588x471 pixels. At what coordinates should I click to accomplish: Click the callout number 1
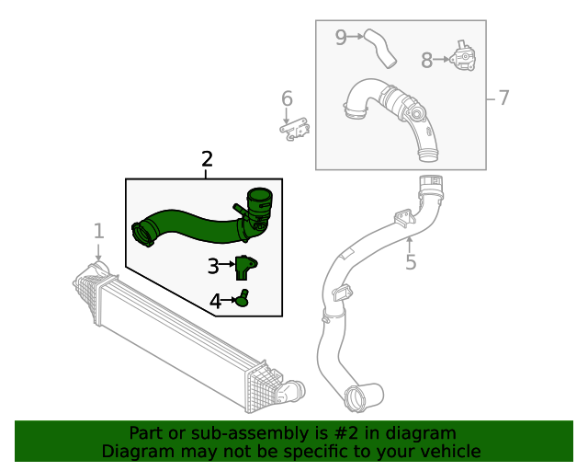click(98, 230)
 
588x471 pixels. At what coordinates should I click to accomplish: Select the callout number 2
click(206, 159)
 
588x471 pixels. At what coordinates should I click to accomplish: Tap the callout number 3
click(213, 267)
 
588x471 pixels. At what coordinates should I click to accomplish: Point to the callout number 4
click(215, 301)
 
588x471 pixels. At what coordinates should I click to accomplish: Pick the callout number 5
click(411, 262)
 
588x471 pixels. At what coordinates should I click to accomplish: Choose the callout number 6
click(287, 98)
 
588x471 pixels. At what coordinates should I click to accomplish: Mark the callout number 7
click(503, 98)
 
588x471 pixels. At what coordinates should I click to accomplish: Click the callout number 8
click(426, 61)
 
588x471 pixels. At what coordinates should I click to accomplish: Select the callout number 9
click(341, 38)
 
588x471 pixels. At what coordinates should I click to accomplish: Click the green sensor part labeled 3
click(244, 266)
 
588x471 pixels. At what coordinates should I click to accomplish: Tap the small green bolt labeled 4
click(243, 298)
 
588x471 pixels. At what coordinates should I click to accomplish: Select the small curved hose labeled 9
click(379, 48)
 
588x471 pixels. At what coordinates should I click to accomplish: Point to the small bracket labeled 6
click(295, 132)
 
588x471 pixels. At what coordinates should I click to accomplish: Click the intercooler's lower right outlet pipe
click(292, 390)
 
